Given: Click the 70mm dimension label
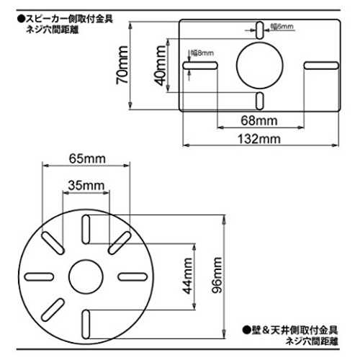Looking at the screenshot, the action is coord(122,65).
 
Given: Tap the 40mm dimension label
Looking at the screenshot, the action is coord(160,66).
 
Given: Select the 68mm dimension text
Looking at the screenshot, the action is coord(259,120).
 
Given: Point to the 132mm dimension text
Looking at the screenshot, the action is coord(259,139).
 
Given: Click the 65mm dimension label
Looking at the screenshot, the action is coord(87,158).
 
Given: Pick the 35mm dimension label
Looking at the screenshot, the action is coord(86,186).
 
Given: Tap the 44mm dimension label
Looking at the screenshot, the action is coord(187,276).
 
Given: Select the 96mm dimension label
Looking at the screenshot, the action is coord(217,275).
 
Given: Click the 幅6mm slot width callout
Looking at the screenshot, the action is coord(282,27).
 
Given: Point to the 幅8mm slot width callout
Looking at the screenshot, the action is coord(202,53).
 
